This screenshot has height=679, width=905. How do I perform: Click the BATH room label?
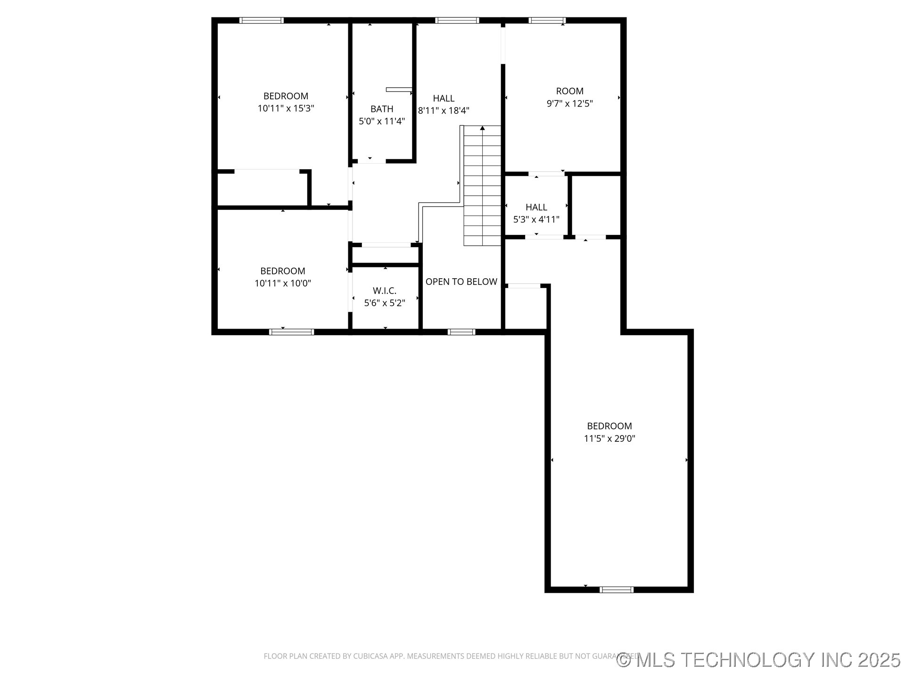(x=382, y=109)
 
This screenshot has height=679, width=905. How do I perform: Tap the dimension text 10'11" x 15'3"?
(x=286, y=108)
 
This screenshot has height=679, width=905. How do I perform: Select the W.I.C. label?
(x=385, y=290)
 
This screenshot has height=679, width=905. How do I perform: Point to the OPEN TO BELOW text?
(x=461, y=282)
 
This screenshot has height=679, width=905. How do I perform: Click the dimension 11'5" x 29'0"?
(x=609, y=439)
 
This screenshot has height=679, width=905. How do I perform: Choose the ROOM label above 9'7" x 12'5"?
(x=569, y=91)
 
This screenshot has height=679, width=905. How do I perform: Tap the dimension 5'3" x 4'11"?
(x=536, y=219)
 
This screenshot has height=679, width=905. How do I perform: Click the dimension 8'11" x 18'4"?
(x=444, y=111)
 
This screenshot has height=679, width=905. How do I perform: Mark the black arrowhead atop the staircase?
(x=482, y=128)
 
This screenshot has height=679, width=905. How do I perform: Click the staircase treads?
(x=482, y=189)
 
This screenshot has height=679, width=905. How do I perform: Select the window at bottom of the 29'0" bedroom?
(x=616, y=589)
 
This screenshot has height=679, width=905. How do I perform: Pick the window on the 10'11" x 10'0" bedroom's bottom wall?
(x=291, y=332)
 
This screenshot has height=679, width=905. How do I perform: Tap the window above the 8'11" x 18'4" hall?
(x=457, y=20)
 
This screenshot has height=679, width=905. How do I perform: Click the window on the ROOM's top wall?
(x=547, y=20)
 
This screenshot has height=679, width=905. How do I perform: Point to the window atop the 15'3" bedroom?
(x=262, y=20)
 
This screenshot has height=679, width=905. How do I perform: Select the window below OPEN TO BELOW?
(x=461, y=332)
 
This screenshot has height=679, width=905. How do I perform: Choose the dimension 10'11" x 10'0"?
(x=283, y=283)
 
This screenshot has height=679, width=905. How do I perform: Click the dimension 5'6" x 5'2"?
(x=385, y=303)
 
